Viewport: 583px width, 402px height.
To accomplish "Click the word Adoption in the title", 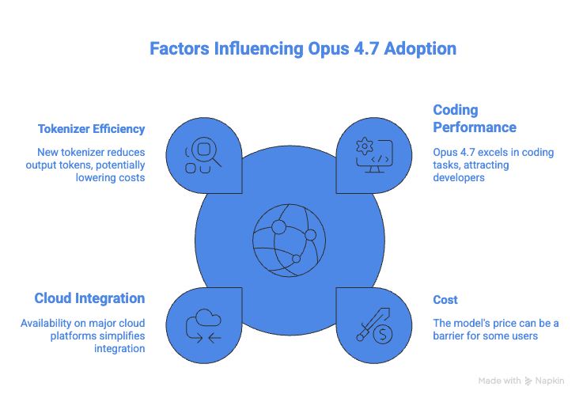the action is (420, 49).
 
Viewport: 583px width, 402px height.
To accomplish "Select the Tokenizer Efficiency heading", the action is (91, 129).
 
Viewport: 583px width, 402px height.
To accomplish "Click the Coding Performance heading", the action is (475, 119).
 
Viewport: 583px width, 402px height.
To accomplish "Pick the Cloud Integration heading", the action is (89, 298).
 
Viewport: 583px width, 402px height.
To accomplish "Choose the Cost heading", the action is (445, 300).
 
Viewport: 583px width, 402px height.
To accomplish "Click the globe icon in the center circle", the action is (290, 241).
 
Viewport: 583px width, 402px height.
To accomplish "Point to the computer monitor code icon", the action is (374, 156).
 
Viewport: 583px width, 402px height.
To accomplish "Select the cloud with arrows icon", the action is (203, 325).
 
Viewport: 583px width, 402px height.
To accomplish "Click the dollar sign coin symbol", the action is (383, 334).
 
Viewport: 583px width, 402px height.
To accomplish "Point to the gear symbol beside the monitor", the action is (365, 146).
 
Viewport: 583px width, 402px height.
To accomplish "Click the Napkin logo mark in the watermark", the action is (528, 381).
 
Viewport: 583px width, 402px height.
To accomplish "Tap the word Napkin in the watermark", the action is (550, 381).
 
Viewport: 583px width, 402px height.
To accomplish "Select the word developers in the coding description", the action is (459, 178).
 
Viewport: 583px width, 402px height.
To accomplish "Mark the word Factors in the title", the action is (180, 49).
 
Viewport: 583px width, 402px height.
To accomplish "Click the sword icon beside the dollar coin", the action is (373, 324).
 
